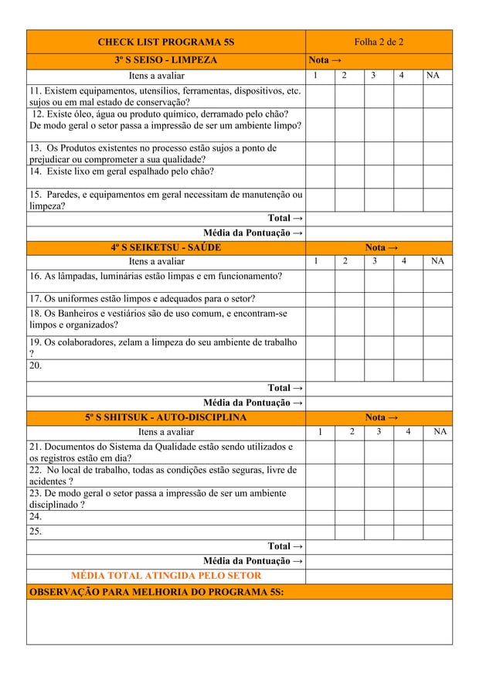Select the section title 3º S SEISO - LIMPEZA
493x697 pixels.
point(165,60)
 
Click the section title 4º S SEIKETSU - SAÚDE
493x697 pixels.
point(165,247)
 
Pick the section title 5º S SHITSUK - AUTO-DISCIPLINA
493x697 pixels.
point(165,417)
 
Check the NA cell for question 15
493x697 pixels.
point(437,199)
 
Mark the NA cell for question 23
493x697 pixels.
point(437,498)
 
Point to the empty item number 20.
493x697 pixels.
point(35,366)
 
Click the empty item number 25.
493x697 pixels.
point(35,532)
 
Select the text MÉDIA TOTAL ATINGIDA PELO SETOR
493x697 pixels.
point(165,576)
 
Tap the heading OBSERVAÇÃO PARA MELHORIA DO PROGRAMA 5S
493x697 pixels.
point(155,592)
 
